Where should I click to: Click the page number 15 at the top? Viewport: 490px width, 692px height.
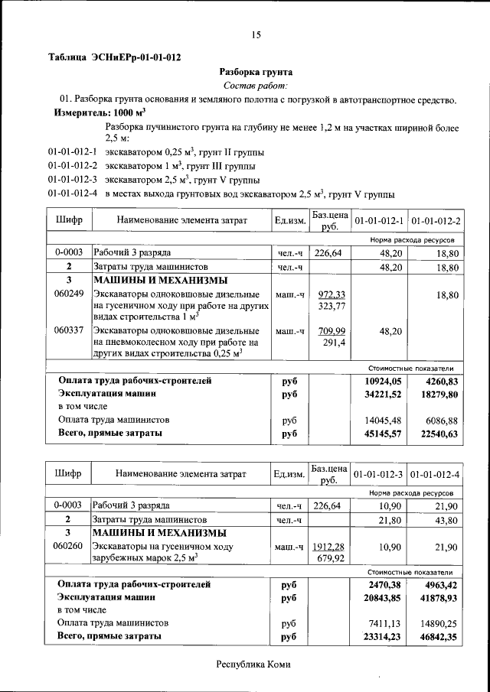coord(256,34)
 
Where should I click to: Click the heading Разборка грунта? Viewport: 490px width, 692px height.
coord(256,72)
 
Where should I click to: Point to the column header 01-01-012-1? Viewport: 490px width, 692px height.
coord(379,221)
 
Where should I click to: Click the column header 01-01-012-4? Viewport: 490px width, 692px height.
coord(435,474)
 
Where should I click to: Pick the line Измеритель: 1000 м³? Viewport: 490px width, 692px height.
coord(100,112)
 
